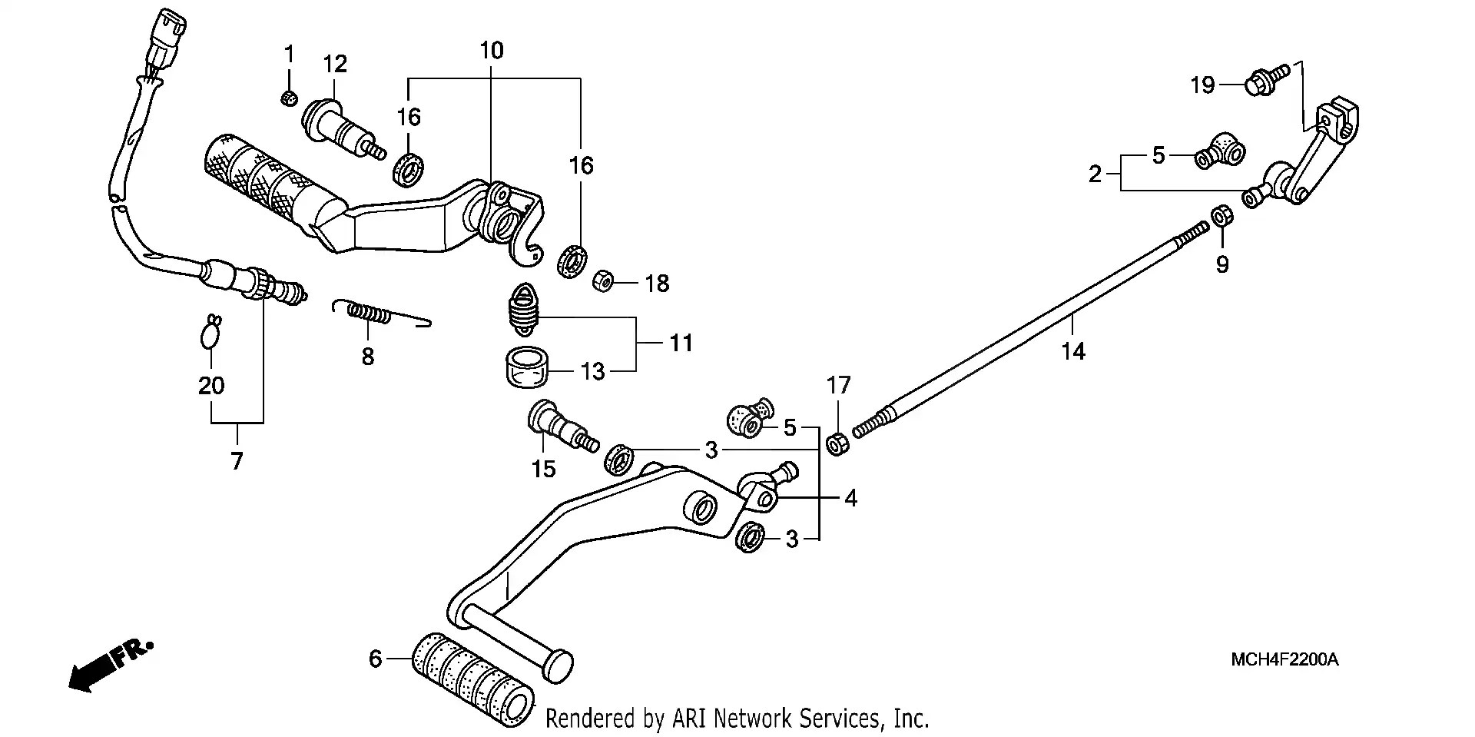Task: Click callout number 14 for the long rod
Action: [x=1073, y=351]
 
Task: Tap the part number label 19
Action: [x=1203, y=85]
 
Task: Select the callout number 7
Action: [x=237, y=461]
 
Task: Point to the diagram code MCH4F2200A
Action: [x=1284, y=659]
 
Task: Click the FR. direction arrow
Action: [x=111, y=666]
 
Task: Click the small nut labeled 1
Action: [x=289, y=98]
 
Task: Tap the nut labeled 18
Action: [x=602, y=281]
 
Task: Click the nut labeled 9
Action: [x=1221, y=217]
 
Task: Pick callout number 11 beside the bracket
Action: [x=681, y=343]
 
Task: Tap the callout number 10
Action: [x=492, y=51]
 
